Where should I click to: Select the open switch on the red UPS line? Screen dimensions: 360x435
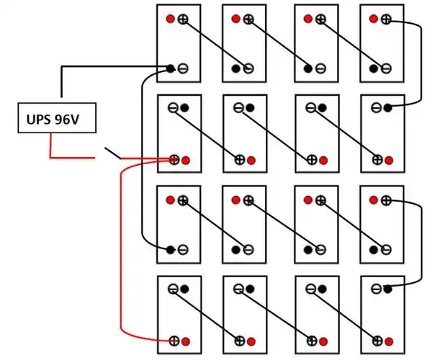(112, 153)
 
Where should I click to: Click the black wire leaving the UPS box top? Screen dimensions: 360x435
(62, 83)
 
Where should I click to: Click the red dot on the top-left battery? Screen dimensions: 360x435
(171, 19)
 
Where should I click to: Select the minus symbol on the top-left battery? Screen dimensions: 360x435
(183, 69)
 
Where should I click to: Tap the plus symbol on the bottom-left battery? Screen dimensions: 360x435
(174, 340)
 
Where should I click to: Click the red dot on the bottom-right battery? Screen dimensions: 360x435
(389, 340)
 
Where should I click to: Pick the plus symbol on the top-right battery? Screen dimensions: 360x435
(387, 19)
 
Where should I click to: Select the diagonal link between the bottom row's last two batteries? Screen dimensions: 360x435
(342, 315)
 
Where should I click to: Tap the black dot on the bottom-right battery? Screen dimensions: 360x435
(387, 289)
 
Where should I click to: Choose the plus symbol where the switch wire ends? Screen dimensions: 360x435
(174, 159)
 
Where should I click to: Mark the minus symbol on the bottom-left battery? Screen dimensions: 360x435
(174, 289)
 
